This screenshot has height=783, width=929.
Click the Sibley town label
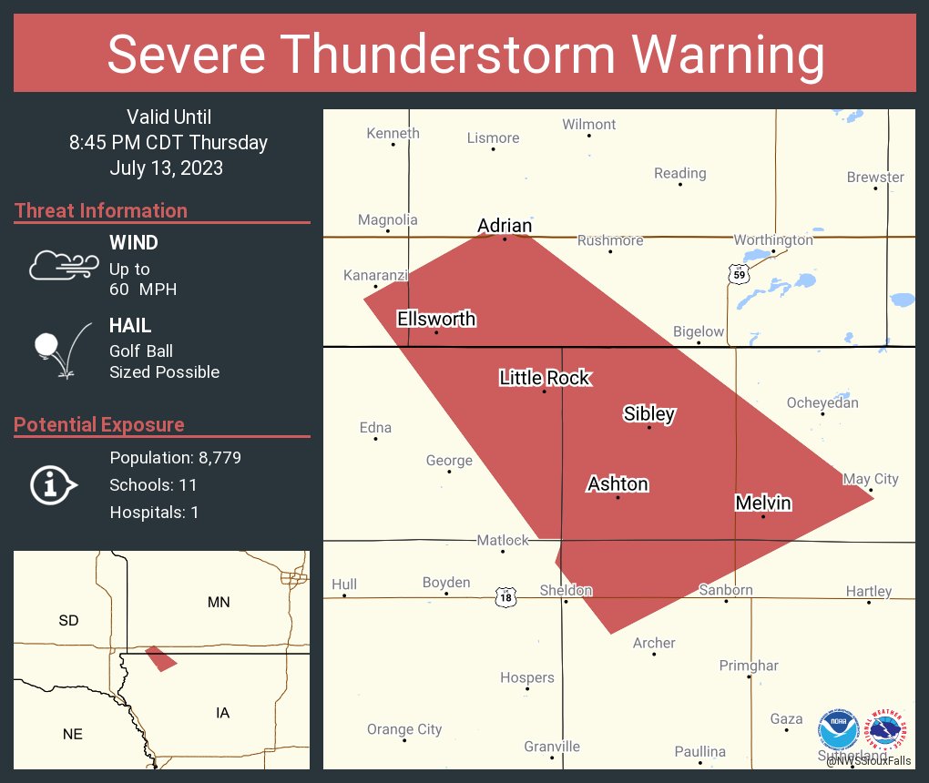pyautogui.click(x=648, y=414)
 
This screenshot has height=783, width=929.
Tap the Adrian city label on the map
pyautogui.click(x=505, y=226)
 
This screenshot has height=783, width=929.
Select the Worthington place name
pyautogui.click(x=773, y=239)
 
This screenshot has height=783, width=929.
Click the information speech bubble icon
pyautogui.click(x=52, y=485)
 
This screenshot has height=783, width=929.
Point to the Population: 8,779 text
pyautogui.click(x=175, y=458)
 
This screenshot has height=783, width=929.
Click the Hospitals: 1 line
pyautogui.click(x=154, y=513)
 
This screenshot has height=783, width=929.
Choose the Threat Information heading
pyautogui.click(x=101, y=211)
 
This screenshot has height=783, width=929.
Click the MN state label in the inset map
pyautogui.click(x=219, y=602)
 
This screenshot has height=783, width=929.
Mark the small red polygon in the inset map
pyautogui.click(x=161, y=658)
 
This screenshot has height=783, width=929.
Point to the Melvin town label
pyautogui.click(x=762, y=503)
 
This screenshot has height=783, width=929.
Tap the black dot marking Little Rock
pyautogui.click(x=545, y=391)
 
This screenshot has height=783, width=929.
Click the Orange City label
pyautogui.click(x=404, y=729)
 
